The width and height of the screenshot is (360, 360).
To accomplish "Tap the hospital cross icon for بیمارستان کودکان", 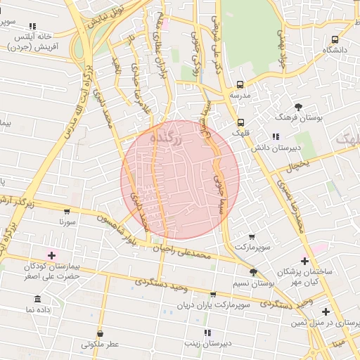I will point(51,254).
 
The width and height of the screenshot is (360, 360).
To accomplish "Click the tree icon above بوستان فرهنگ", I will point(299,107).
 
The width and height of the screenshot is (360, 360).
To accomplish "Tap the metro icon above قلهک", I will point(241,122).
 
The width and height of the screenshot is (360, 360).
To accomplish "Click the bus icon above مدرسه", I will point(240,84).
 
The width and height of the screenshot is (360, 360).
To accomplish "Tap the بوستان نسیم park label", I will point(253,283).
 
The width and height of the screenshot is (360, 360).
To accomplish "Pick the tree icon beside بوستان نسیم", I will point(253,273).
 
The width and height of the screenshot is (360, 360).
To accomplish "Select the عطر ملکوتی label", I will point(100,345).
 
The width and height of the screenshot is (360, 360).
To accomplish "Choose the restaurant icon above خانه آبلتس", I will point(32,26).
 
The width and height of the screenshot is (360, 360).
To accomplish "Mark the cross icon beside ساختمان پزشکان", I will point(304,261).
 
